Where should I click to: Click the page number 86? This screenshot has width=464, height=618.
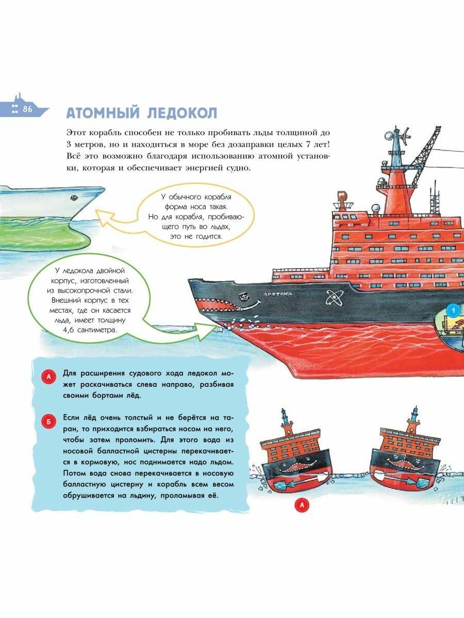point(27,109)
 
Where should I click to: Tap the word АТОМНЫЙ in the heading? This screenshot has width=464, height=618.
point(100,113)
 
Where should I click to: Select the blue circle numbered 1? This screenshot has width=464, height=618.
point(452,311)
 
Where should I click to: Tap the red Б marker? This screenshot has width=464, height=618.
point(47,422)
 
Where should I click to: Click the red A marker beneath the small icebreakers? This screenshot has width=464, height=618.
point(302,506)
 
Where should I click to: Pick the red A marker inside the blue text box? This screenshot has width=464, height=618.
point(47,377)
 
